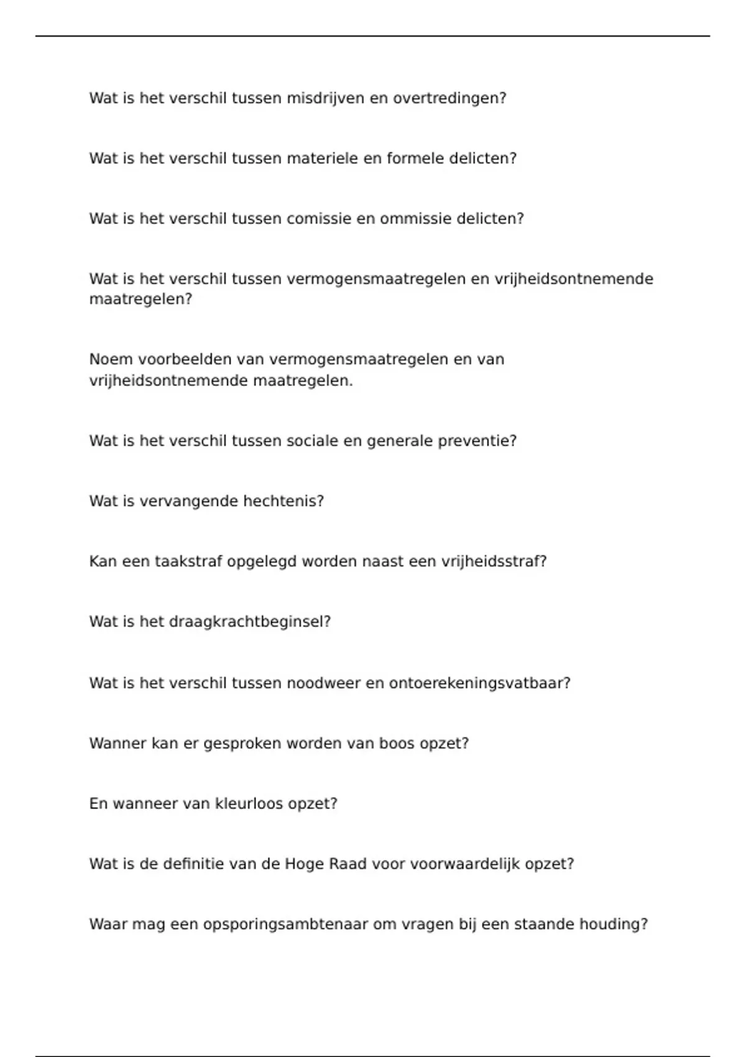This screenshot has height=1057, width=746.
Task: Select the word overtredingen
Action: [x=449, y=98]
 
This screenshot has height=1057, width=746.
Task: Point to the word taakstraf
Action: [x=188, y=561]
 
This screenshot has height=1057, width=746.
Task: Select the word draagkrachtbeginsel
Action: [x=250, y=622]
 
